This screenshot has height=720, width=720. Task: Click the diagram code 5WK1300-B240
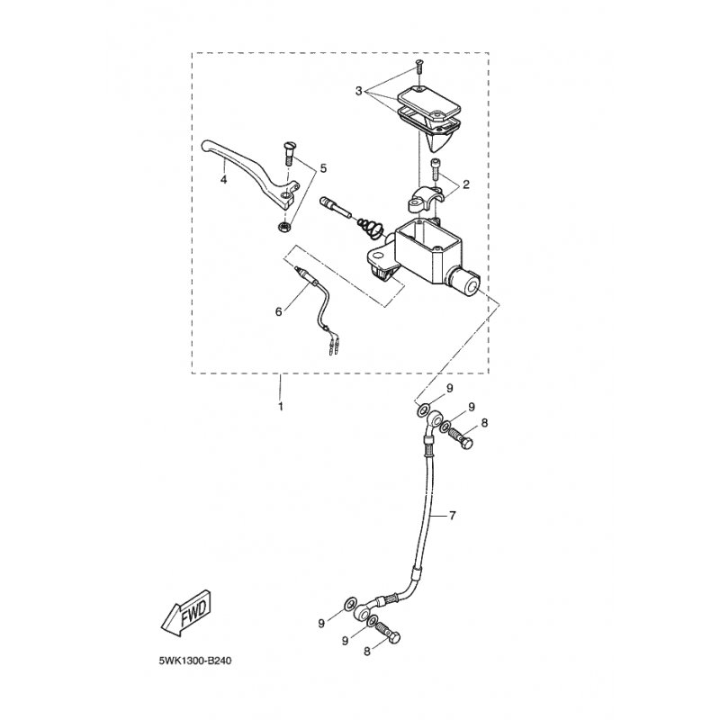[x=195, y=661]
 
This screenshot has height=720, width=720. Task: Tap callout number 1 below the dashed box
[x=280, y=407]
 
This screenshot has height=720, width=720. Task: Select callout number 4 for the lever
[x=223, y=179]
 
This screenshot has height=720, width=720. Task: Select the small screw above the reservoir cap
[x=419, y=67]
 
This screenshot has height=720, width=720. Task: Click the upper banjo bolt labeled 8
[x=462, y=438]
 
